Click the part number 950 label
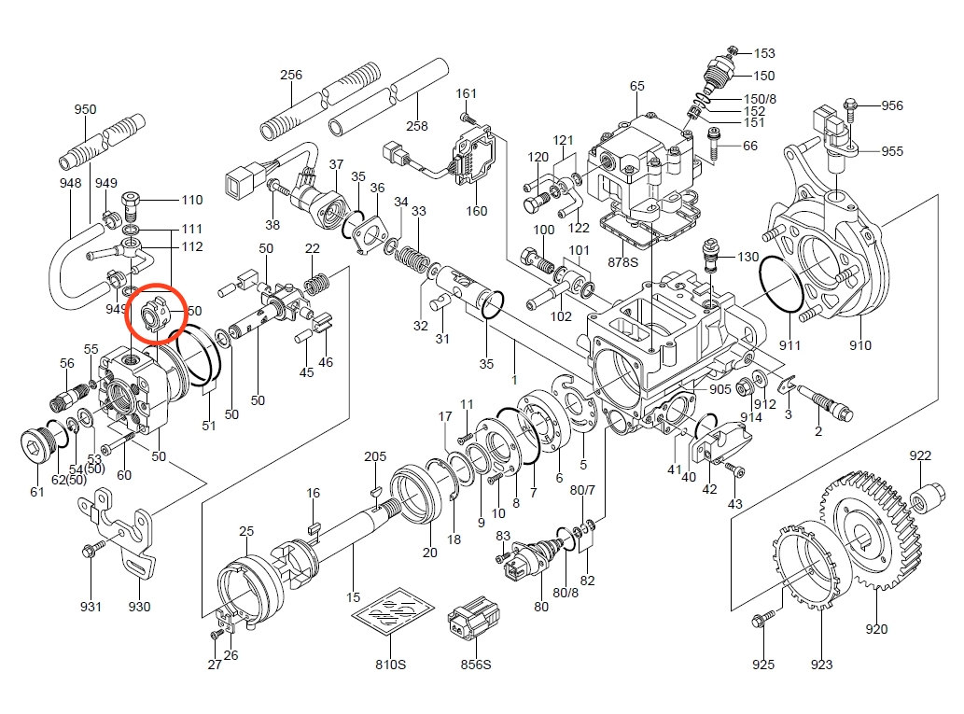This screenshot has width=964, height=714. point(85,110)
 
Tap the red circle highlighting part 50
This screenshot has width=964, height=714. point(157,315)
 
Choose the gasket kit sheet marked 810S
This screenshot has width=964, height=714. point(392,617)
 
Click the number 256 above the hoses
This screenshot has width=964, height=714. point(291,75)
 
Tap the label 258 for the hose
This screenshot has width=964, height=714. point(416,126)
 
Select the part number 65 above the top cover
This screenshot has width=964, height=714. point(637,87)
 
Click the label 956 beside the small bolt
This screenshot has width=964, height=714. point(892,105)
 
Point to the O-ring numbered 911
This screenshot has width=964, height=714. point(782,284)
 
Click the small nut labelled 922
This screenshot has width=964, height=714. point(924,494)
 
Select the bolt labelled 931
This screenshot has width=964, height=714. point(91,551)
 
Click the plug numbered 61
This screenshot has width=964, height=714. point(36,446)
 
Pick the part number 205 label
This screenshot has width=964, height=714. point(375,456)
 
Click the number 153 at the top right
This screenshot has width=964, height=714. point(764,53)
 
